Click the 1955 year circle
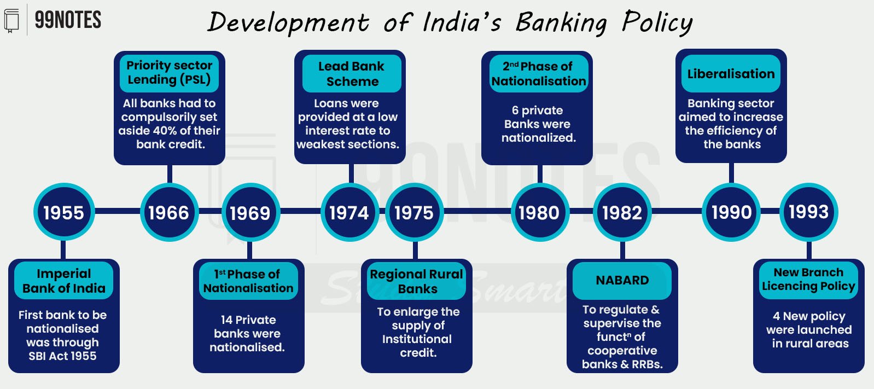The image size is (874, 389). point(64,212)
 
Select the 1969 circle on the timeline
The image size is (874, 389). point(250,213)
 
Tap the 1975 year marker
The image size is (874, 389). point(415,213)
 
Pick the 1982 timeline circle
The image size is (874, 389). point(622,213)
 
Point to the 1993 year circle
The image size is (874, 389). point(808,212)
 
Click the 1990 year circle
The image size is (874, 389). point(731,212)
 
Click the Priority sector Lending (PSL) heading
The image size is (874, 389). point(170,73)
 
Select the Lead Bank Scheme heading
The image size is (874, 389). point(352,74)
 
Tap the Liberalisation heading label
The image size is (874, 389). point(731,74)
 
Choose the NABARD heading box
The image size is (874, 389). point(622,281)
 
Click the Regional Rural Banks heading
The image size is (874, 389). point(416,281)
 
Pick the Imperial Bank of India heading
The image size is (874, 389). point(63,281)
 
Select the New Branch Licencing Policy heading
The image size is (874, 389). point(808,280)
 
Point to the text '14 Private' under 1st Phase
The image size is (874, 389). point(248,320)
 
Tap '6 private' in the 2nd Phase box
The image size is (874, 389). point(537,111)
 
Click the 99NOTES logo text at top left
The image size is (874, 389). point(68,20)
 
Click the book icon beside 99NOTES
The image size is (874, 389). point(11,20)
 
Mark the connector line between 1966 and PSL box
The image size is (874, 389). point(170,174)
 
